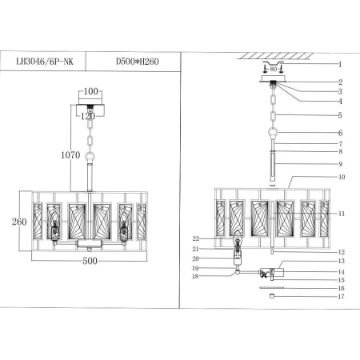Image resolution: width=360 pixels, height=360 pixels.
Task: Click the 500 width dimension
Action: [89, 262]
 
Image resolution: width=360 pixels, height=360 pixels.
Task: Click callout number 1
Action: [338, 64]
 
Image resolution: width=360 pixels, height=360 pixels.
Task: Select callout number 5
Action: [338, 116]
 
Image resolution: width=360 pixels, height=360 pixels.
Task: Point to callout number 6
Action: [338, 133]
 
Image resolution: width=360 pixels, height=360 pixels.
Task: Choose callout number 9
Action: [338, 164]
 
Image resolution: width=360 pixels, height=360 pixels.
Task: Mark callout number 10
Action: [338, 177]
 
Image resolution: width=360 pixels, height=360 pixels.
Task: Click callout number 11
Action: [340, 214]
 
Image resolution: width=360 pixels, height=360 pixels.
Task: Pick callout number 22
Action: [195, 238]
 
